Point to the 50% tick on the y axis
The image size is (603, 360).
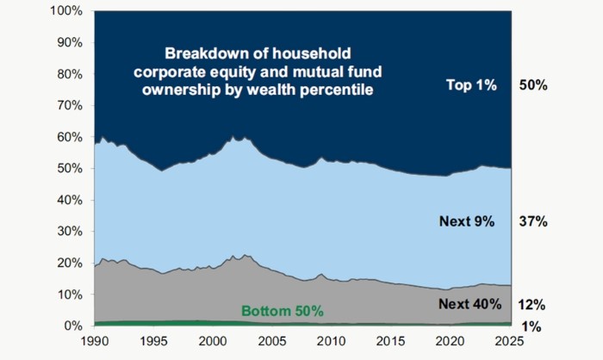click(x=69, y=168)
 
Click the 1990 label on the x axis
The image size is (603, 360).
click(x=94, y=342)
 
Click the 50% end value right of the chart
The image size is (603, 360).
click(x=534, y=84)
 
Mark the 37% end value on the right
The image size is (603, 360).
click(x=534, y=221)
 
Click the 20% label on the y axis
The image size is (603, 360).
click(x=69, y=263)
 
